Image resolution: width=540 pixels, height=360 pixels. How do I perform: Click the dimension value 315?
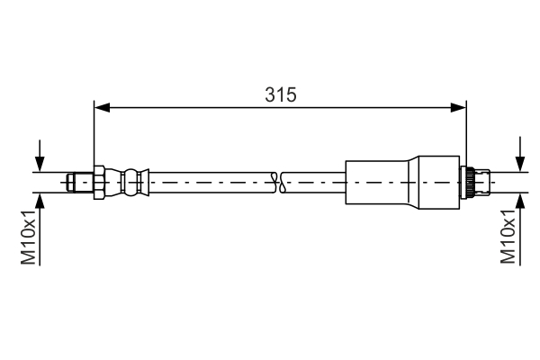pyautogui.click(x=281, y=94)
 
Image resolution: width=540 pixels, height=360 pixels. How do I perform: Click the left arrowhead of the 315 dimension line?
pyautogui.click(x=102, y=108)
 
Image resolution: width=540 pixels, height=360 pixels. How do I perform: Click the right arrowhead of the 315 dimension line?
pyautogui.click(x=459, y=108)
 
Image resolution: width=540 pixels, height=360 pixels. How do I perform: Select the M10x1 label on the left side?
pyautogui.click(x=29, y=237)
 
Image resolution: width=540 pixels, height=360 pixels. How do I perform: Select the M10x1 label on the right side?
pyautogui.click(x=508, y=237)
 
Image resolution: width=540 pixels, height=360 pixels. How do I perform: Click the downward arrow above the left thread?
pyautogui.click(x=40, y=157)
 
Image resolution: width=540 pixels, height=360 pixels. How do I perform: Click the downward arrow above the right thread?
pyautogui.click(x=520, y=157)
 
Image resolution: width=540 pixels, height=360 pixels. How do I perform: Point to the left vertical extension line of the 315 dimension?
pyautogui.click(x=94, y=135)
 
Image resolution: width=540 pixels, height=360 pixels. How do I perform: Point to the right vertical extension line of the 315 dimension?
pyautogui.click(x=467, y=135)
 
